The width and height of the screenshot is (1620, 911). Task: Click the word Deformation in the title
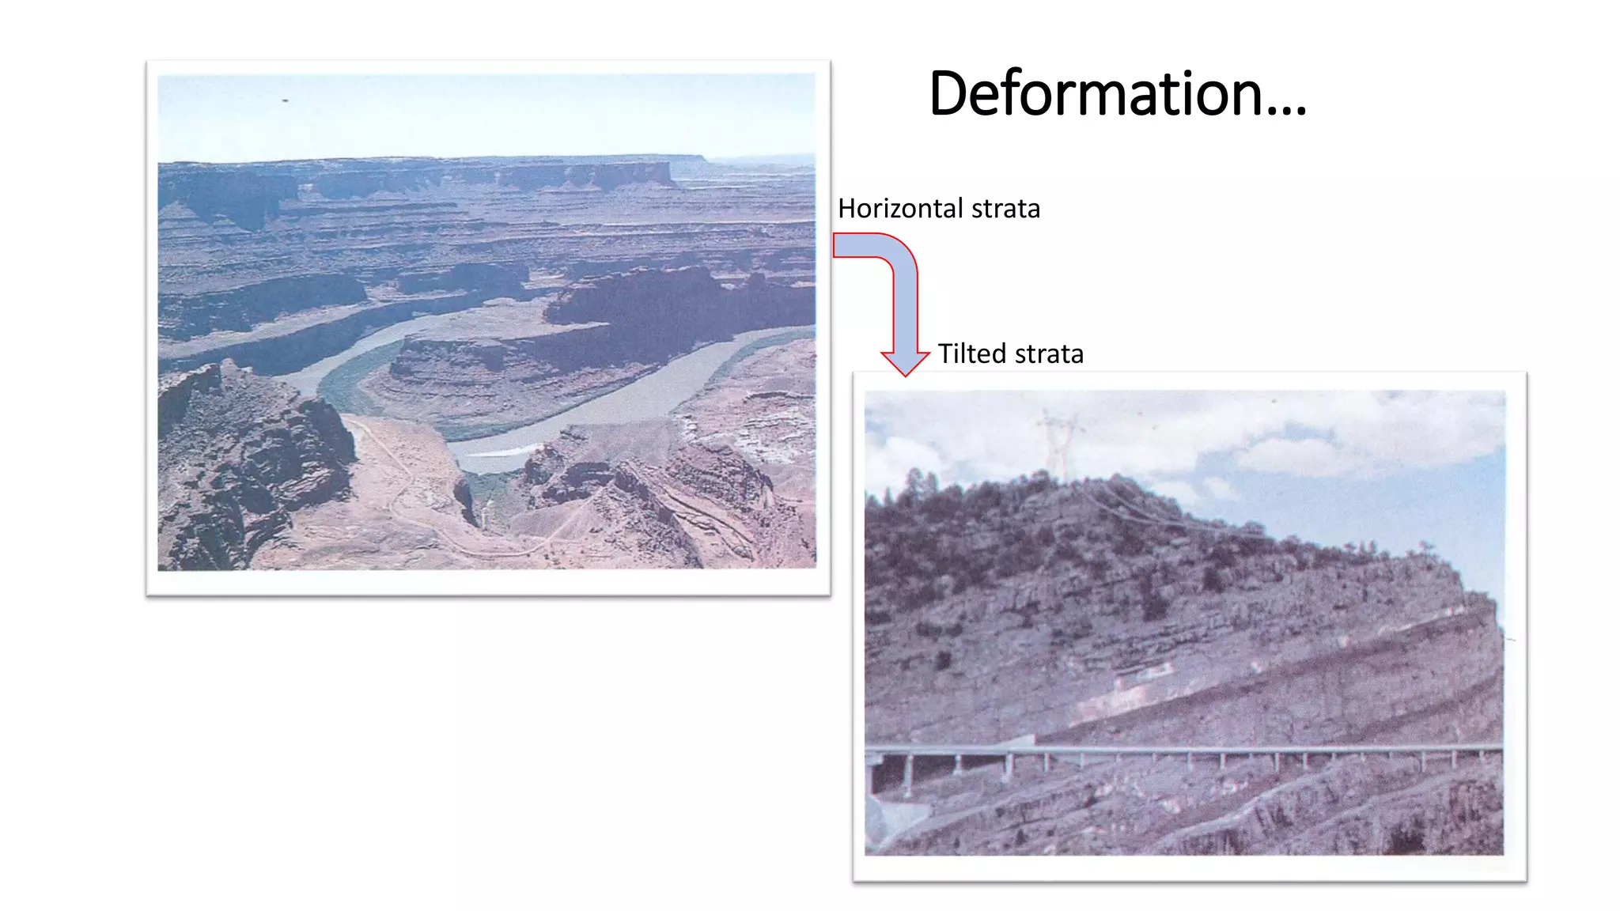(1096, 93)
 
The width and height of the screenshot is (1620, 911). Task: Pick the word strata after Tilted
(1049, 353)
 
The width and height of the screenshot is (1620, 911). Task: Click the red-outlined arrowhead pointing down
(905, 361)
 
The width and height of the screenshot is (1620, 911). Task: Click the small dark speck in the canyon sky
(285, 101)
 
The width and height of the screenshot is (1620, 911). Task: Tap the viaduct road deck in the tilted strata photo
(1187, 748)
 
